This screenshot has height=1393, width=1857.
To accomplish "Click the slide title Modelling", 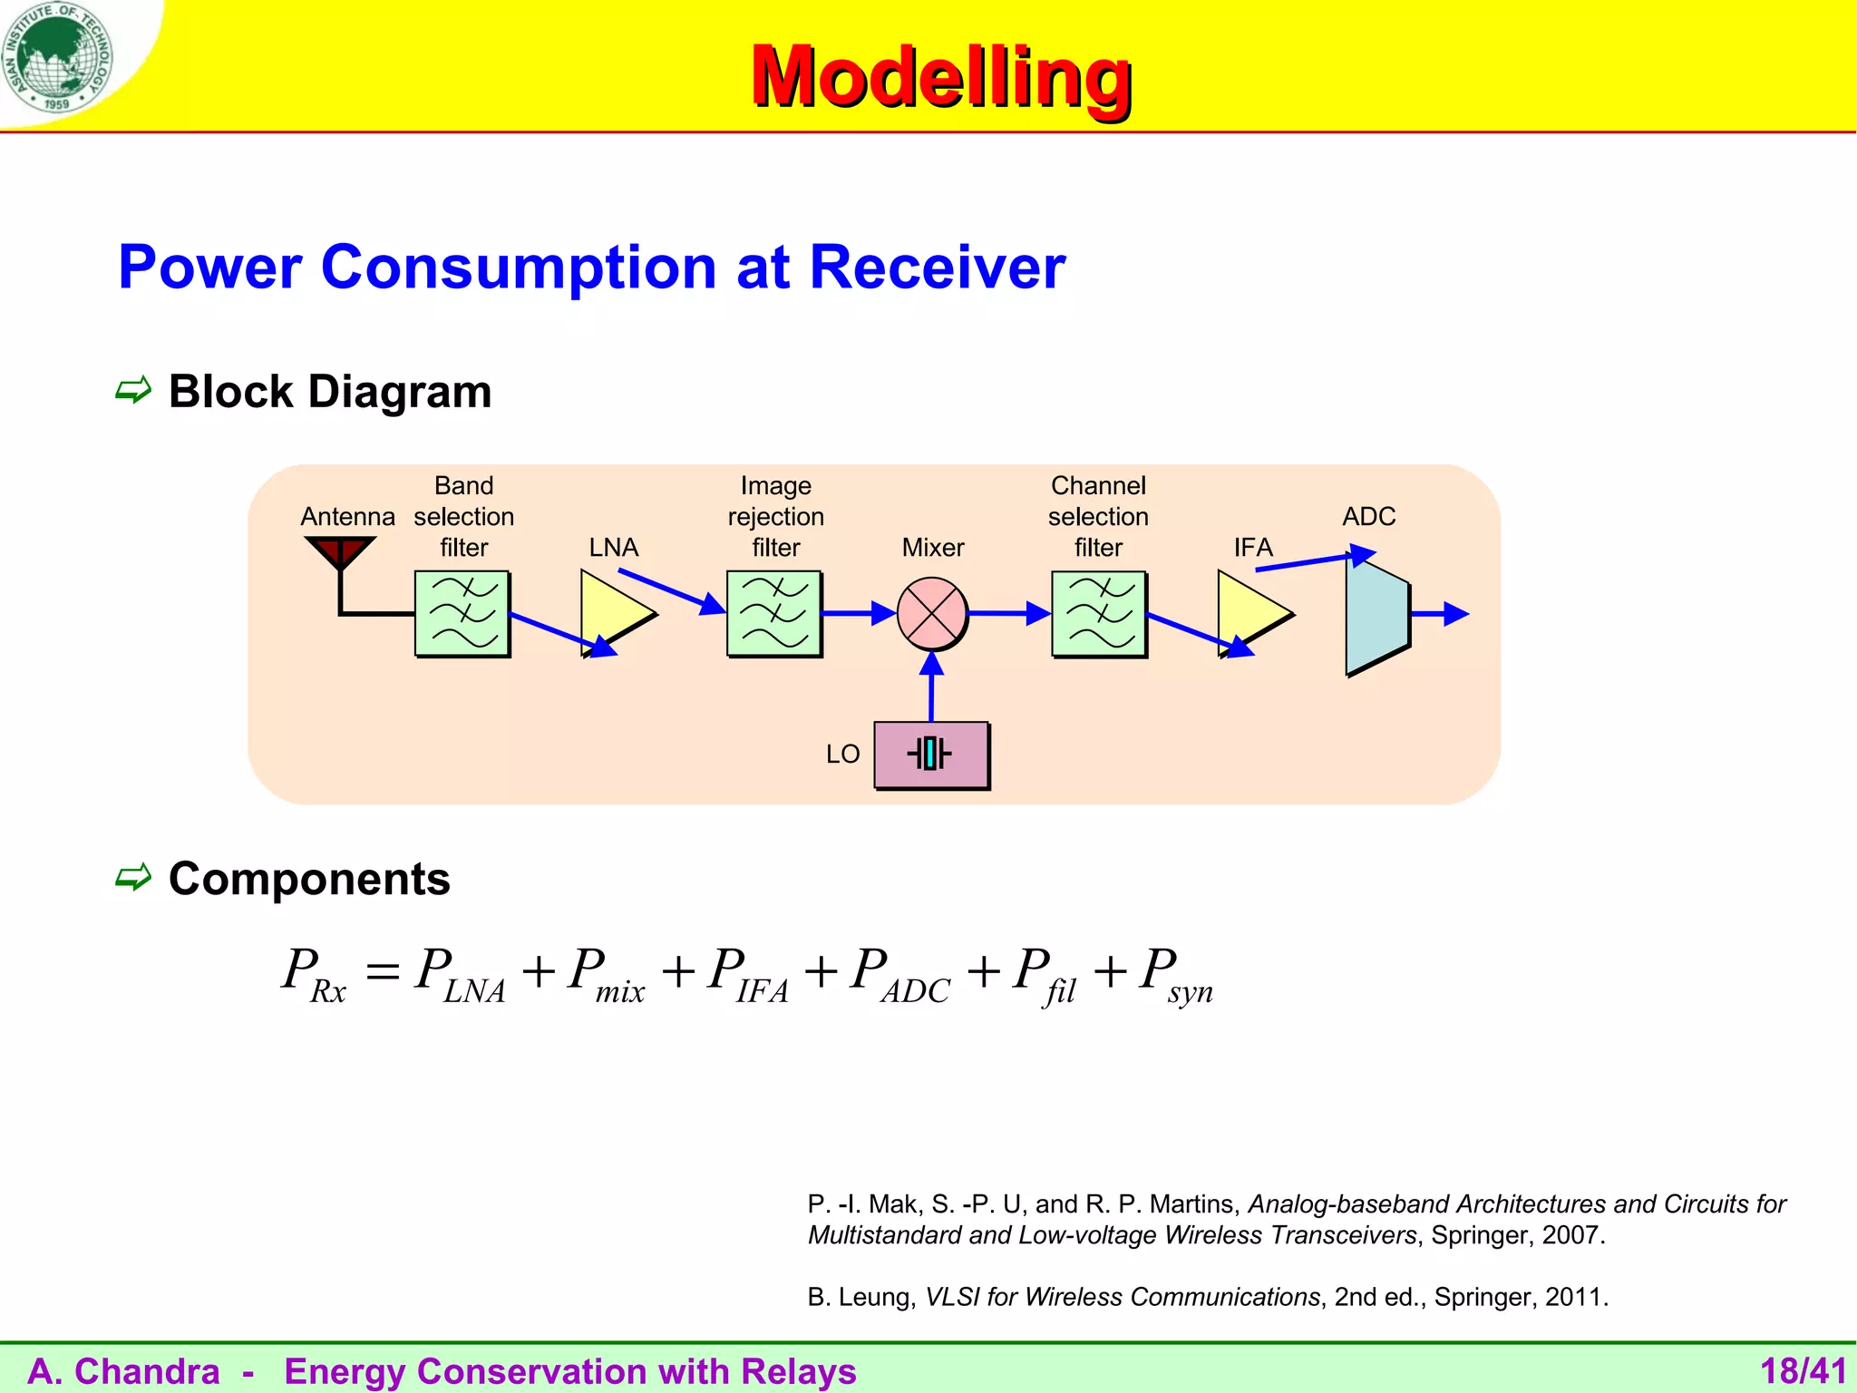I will (940, 77).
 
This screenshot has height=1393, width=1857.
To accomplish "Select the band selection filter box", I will (462, 614).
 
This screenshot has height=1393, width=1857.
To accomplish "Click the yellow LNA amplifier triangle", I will (612, 612).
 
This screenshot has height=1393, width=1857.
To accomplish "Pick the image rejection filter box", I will (774, 614).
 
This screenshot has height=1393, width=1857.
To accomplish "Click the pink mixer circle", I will (932, 614).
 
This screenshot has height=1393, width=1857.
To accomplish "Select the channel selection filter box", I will (1099, 614).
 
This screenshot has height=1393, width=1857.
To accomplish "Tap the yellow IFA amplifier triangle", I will (1249, 612).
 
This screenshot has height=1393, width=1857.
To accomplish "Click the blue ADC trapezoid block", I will (1376, 614).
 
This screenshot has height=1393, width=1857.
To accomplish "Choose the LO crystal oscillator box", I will (931, 755).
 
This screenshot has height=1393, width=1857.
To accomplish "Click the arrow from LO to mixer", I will (931, 686).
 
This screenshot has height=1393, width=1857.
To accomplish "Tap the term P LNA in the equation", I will (459, 975).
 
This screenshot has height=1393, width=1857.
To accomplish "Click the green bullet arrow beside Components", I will (133, 878).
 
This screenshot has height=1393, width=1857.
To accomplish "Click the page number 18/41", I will (1803, 1371).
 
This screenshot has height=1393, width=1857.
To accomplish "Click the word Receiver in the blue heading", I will (937, 268).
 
